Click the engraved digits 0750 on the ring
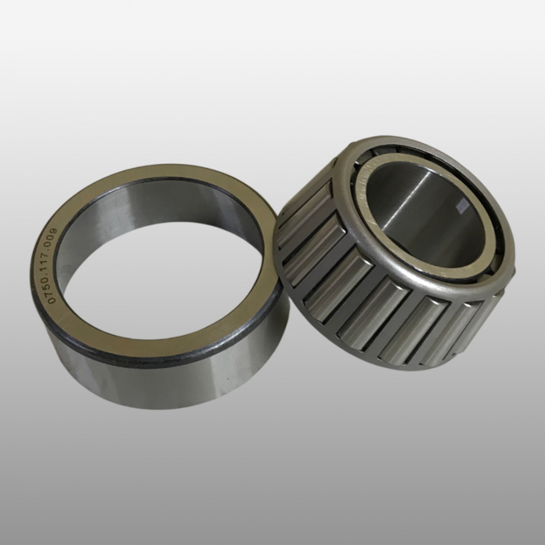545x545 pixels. coord(52,292)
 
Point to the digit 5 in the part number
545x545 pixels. coord(52,289)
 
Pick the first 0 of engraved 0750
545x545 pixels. coord(52,301)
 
